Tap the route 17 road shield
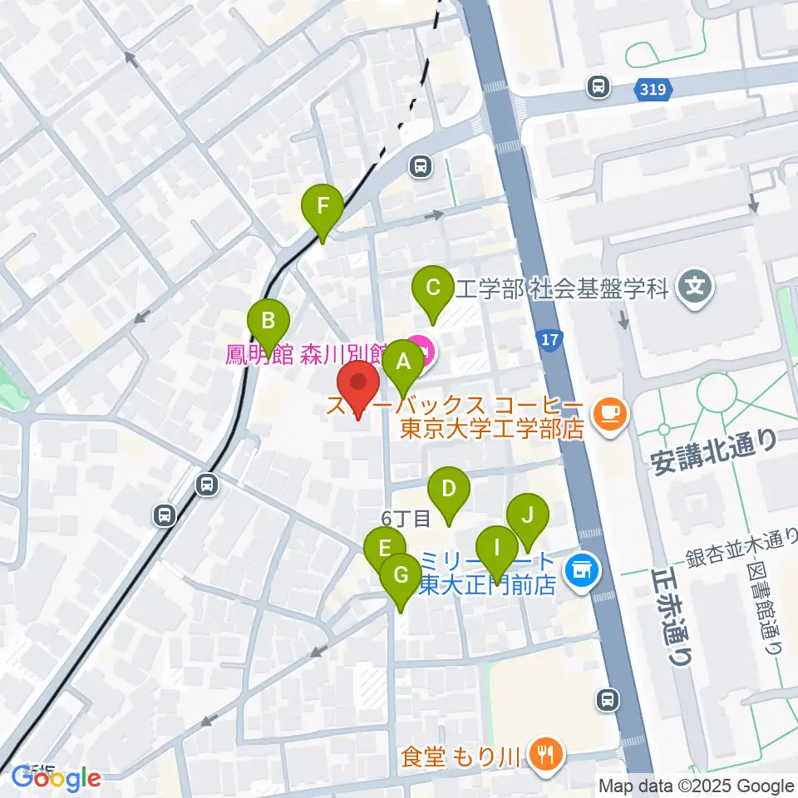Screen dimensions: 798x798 [x=549, y=340]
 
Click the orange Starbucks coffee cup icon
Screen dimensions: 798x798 [x=611, y=411]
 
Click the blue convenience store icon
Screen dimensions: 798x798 [x=579, y=570]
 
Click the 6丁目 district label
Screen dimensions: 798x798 [x=406, y=519]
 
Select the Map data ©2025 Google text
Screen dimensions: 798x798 [x=697, y=786]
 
